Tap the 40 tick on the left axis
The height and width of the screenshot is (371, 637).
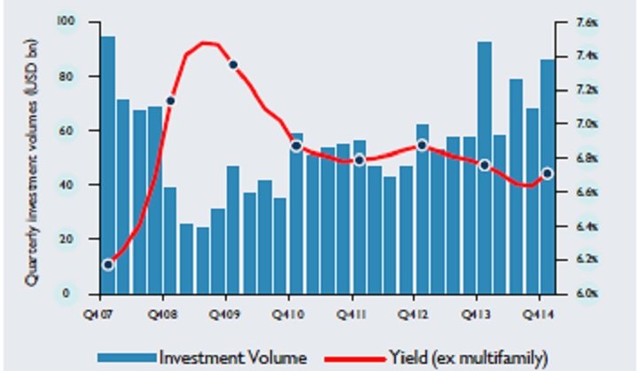coord(67,185)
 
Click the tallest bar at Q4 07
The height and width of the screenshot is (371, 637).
coord(107,164)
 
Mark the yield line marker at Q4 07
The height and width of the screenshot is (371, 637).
coord(108,264)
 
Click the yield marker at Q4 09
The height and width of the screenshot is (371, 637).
coord(233,64)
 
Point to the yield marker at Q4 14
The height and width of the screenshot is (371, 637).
coord(548,173)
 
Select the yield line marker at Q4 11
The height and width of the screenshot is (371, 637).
coord(359,160)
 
